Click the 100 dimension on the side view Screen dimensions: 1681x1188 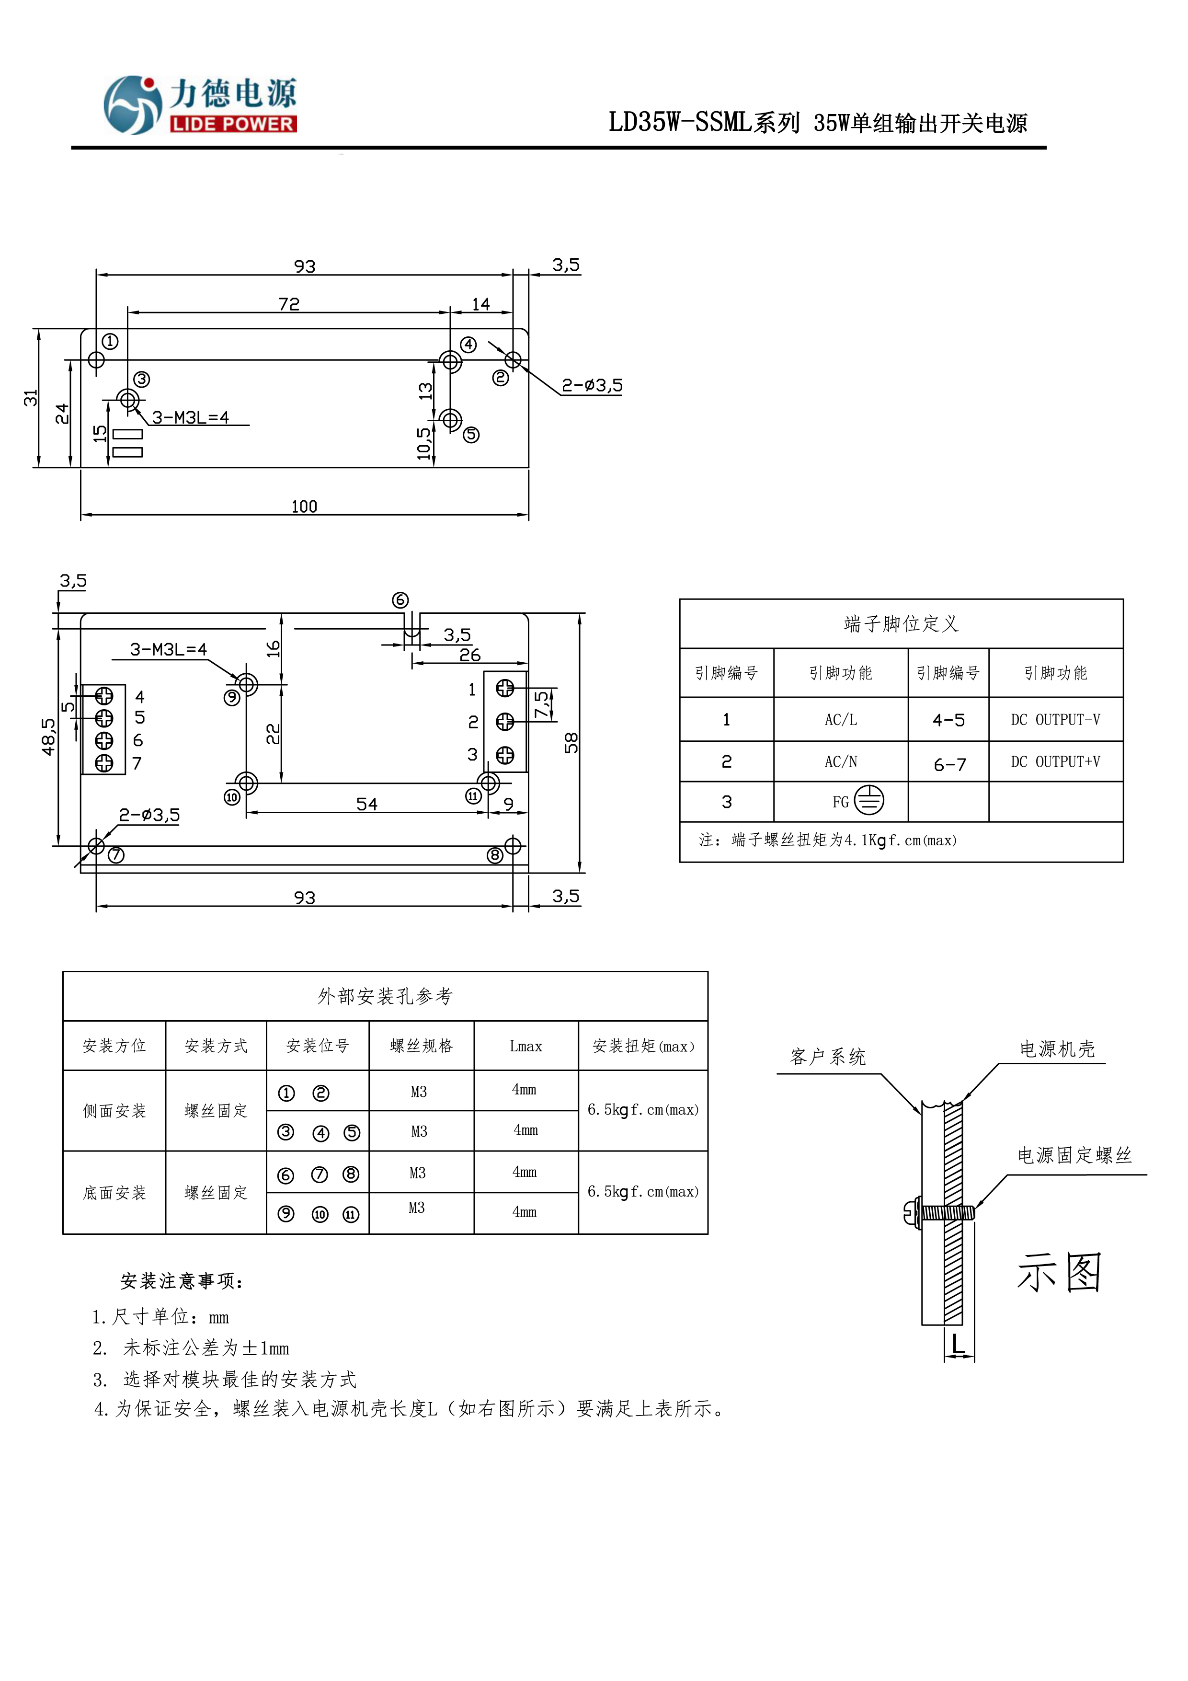point(304,507)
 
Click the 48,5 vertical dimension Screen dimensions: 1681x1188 point(48,736)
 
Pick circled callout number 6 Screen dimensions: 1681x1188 point(400,600)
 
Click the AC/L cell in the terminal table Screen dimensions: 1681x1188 point(840,720)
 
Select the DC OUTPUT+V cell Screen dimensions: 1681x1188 point(1055,761)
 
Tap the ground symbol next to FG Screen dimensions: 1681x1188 point(869,800)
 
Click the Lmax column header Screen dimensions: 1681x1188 point(525,1046)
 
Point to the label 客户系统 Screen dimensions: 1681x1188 point(828,1057)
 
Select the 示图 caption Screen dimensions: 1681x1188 point(1059,1272)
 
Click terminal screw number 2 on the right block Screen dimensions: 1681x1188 point(505,722)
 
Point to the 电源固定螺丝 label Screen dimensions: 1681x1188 point(1074,1155)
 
